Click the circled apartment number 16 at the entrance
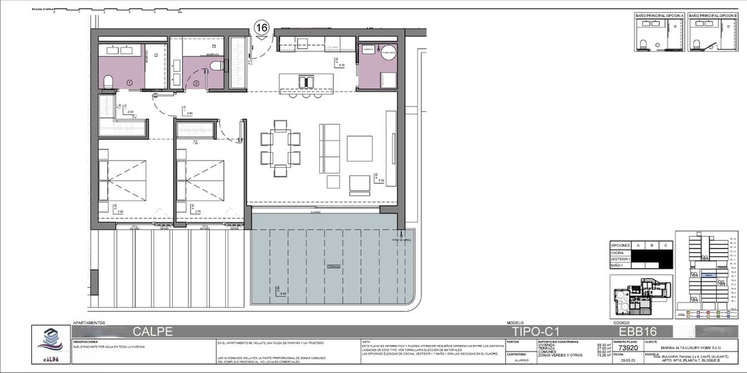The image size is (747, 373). [x=262, y=27]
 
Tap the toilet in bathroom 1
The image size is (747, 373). [x=109, y=82]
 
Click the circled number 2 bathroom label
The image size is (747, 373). [x=196, y=83]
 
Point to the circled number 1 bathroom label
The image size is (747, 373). [x=129, y=82]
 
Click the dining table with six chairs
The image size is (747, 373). [x=279, y=148]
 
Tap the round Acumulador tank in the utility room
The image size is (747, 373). [x=388, y=52]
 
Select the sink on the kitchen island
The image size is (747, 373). [x=307, y=80]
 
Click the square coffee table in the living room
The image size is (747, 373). [x=359, y=148]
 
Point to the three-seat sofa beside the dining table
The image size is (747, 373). [x=329, y=148]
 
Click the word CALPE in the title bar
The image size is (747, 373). [x=152, y=331]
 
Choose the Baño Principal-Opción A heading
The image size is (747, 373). [x=659, y=14]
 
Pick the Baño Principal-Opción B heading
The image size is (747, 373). [x=713, y=14]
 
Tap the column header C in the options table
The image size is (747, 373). [x=664, y=245]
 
